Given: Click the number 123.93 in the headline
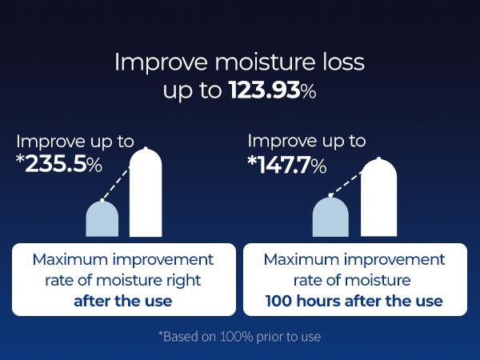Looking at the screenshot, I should pos(264,90).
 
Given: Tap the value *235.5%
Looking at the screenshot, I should pos(59,165).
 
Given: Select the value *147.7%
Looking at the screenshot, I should pos(286,166).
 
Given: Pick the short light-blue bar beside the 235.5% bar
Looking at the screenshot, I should pos(102,218).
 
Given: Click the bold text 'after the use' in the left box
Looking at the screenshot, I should pos(123,301).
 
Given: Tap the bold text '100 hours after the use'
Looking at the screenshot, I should pos(354,301).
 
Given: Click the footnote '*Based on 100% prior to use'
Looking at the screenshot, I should pos(240,337).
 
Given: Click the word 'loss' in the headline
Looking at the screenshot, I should pos(341,62).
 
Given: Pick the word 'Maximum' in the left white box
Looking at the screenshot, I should pos(70,260).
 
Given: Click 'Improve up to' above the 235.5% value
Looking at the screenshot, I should pos(75,142).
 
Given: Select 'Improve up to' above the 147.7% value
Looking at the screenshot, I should pos(306,142).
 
